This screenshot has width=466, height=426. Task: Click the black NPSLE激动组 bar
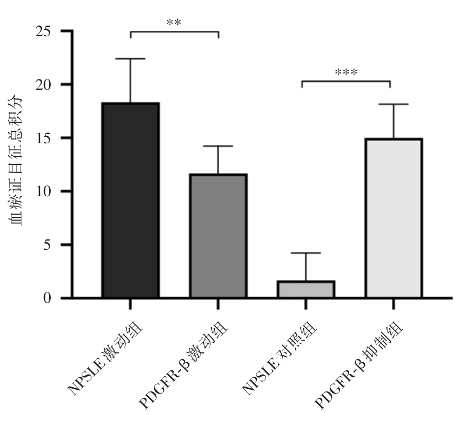coord(130,200)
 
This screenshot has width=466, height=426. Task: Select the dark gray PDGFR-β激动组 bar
coord(218,236)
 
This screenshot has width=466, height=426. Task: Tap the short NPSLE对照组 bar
coord(305,289)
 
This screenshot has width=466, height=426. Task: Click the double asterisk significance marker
coord(174,23)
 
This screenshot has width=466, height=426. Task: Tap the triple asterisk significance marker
coord(346,72)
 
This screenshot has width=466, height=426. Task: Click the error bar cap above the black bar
coord(130,58)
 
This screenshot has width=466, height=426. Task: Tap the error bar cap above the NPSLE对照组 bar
coord(305,253)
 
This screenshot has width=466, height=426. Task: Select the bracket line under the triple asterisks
coord(346,82)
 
